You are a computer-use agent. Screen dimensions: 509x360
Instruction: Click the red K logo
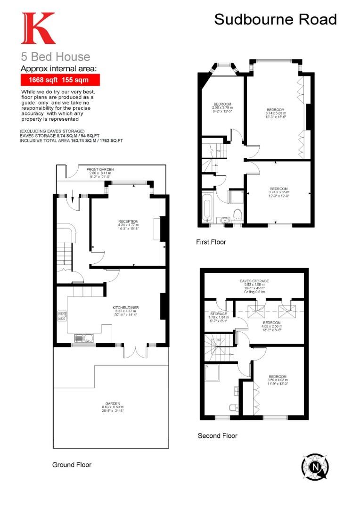pos(38,29)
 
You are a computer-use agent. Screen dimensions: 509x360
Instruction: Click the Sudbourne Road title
pos(276,20)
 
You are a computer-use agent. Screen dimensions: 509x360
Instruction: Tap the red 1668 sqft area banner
pos(57,80)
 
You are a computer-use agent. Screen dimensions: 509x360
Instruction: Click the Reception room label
pos(128,223)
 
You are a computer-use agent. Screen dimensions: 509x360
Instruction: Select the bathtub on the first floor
pos(208,208)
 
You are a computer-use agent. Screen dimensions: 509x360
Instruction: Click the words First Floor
pos(211,242)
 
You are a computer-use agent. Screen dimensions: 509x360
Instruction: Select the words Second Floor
pos(218,436)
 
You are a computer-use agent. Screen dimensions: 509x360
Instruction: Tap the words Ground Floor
pos(72,465)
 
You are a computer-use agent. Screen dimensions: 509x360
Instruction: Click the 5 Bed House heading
pos(55,57)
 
